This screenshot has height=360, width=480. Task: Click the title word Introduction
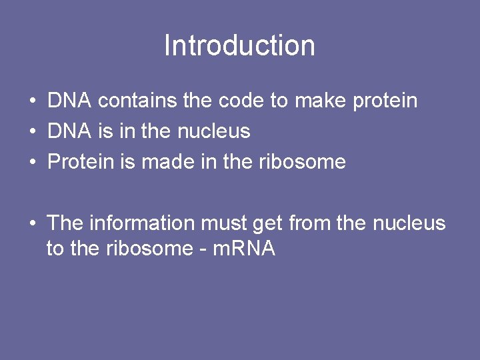239,45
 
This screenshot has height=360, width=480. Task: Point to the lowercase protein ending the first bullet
385,102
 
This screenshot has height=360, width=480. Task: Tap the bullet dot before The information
32,223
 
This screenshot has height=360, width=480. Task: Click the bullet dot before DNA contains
32,102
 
